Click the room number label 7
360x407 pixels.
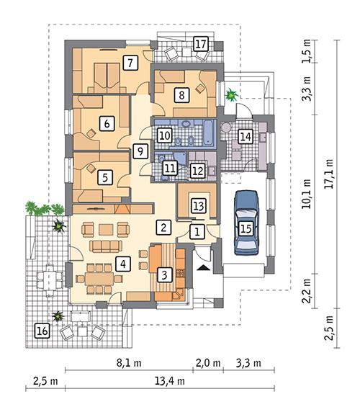[x=130, y=62]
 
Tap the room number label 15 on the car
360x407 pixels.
[x=246, y=229]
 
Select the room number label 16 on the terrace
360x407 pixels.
[x=42, y=330]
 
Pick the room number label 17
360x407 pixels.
[x=201, y=45]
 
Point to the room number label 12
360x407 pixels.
[x=197, y=170]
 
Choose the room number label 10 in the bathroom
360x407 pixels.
[x=164, y=134]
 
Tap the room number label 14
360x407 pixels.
[x=246, y=136]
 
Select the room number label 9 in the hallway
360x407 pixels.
[x=140, y=151]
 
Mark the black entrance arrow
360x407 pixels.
[x=204, y=267]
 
